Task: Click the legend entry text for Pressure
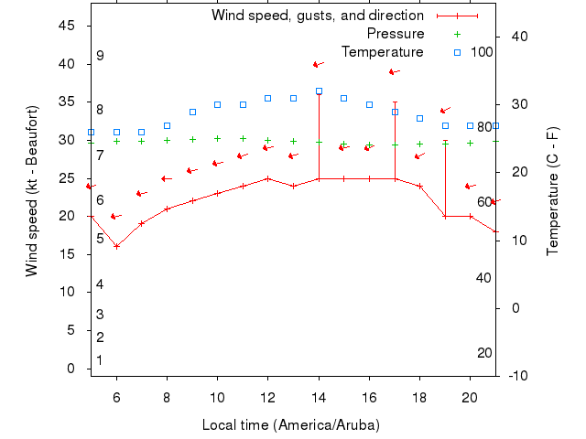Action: [x=388, y=34]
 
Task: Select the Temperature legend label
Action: [x=382, y=52]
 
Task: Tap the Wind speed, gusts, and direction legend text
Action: [x=317, y=16]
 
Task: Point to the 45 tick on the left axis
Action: [x=68, y=26]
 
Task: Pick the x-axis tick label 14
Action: [x=319, y=397]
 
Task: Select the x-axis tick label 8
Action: [x=167, y=397]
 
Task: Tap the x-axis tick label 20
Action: [x=470, y=397]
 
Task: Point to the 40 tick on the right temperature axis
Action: [x=519, y=36]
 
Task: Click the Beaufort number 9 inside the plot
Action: [x=100, y=56]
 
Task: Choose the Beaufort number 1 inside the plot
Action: [x=100, y=360]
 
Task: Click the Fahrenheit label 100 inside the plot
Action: [x=482, y=51]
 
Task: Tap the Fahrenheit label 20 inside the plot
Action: [x=484, y=353]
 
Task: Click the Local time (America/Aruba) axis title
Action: [x=290, y=425]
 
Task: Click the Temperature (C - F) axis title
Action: [x=552, y=191]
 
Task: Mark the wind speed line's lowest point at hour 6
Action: [x=116, y=246]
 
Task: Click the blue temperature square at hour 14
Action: [x=319, y=91]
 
